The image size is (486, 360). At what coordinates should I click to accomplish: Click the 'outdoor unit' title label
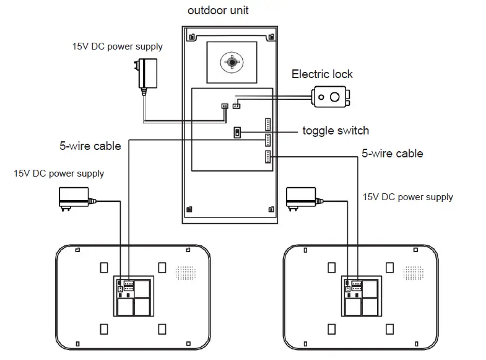[218, 11]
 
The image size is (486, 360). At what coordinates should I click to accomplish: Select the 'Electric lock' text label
[322, 74]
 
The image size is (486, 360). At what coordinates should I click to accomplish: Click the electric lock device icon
[331, 97]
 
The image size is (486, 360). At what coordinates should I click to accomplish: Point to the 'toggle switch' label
[336, 131]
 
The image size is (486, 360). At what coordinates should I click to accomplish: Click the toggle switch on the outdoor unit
[237, 133]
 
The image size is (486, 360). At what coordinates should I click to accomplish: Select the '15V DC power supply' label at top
[118, 46]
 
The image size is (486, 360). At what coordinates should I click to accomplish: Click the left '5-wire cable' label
[90, 146]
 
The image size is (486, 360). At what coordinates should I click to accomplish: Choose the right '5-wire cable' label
[393, 153]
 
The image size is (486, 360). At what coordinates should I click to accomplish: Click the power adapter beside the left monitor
[72, 199]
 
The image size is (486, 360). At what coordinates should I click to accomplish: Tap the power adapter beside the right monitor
[302, 198]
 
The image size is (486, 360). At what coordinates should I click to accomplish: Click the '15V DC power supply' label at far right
[408, 197]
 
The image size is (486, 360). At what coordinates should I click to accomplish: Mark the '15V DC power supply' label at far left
[59, 173]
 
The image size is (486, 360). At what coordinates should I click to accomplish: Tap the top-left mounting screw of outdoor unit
[192, 37]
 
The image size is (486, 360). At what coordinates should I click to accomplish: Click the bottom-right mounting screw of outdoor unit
[270, 209]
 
